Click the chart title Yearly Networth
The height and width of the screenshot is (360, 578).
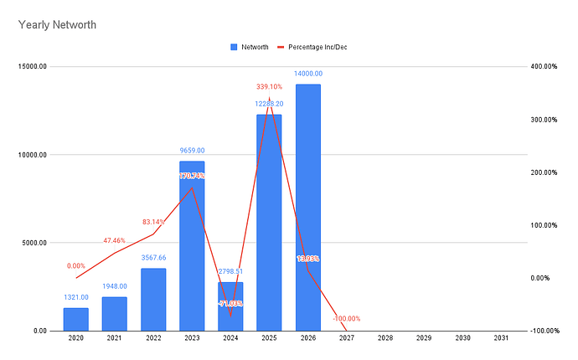coord(57,25)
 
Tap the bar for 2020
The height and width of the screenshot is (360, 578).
coord(75,320)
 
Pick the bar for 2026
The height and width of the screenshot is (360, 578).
coord(307,209)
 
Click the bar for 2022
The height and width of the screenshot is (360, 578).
coord(153,300)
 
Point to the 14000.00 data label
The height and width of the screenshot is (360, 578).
coord(307,74)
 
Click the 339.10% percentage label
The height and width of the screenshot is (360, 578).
coord(268,86)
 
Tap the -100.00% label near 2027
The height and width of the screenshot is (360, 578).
coord(346,318)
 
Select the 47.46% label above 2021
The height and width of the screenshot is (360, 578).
coord(114,240)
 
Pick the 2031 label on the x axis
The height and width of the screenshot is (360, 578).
coord(501,337)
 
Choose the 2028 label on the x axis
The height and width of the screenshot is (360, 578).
coord(384,337)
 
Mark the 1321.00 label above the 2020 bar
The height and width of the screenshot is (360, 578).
coord(75,297)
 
